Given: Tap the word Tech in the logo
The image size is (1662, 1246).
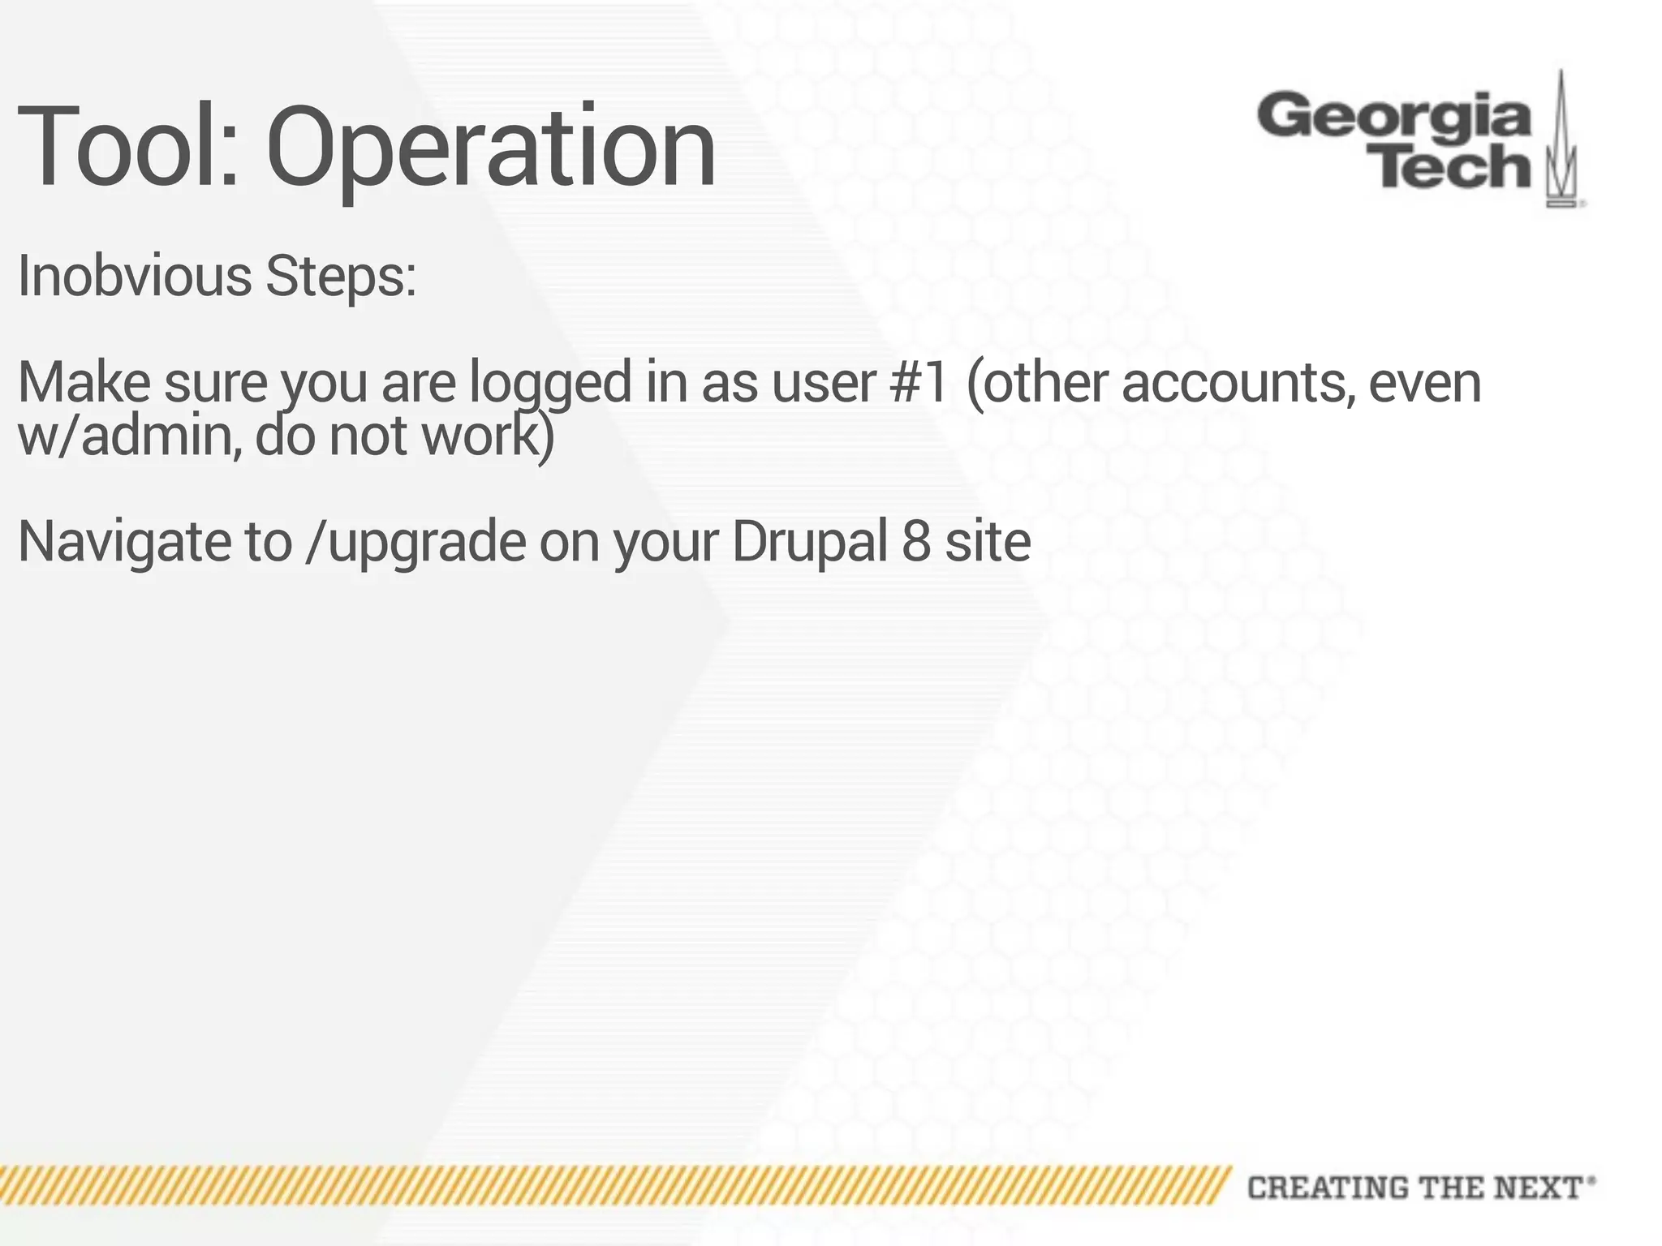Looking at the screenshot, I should coord(1453,167).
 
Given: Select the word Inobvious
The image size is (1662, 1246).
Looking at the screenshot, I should coord(135,277).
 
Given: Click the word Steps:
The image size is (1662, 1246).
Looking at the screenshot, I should coord(341,277).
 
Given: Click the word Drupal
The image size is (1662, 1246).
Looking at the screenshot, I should coord(809,542).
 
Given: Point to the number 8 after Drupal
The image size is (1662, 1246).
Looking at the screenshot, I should coord(915,542).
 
